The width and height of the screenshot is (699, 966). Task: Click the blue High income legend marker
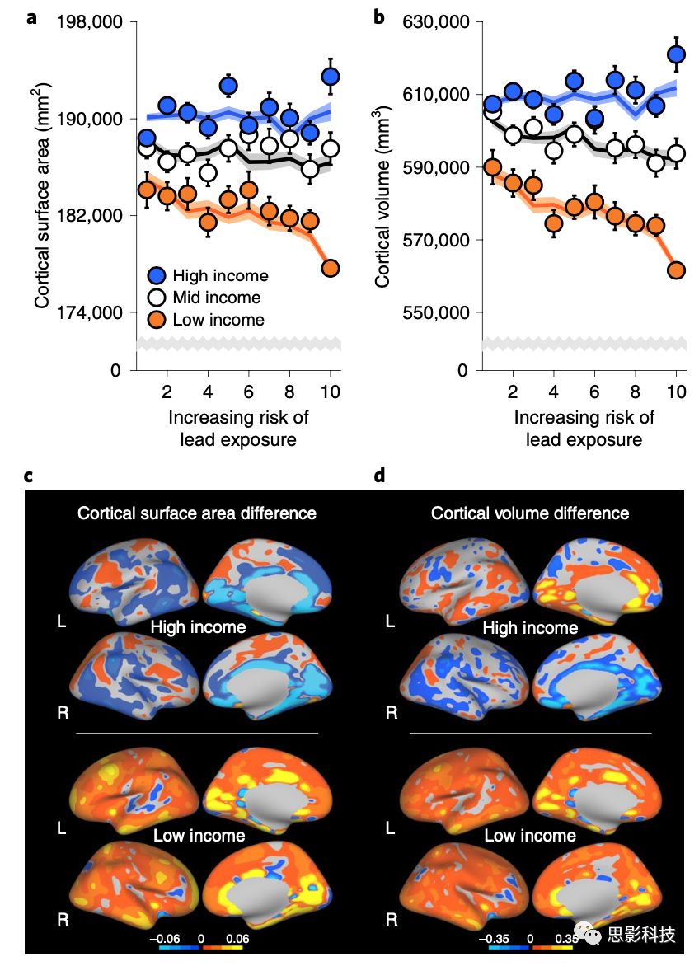click(x=157, y=275)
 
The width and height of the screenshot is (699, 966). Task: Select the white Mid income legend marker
click(x=157, y=298)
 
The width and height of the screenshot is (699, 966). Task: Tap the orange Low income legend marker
click(x=157, y=320)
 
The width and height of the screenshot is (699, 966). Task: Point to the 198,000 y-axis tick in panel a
click(x=88, y=21)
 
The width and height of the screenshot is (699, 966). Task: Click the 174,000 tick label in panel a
click(x=88, y=312)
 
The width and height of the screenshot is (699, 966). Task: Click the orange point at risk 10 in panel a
click(x=331, y=268)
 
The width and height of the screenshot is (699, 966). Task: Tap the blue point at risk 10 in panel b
click(x=677, y=54)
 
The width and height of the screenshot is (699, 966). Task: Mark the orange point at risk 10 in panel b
click(x=677, y=270)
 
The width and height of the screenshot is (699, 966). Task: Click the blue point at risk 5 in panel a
click(x=228, y=85)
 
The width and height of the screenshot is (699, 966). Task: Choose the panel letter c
click(x=30, y=476)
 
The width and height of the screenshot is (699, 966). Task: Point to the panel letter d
click(x=380, y=476)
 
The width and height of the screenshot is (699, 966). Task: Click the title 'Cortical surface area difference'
click(x=197, y=513)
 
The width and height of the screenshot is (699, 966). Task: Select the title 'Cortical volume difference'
click(x=530, y=513)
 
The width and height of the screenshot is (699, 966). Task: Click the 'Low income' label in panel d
click(x=529, y=836)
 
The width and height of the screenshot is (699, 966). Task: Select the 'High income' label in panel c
click(x=198, y=627)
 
